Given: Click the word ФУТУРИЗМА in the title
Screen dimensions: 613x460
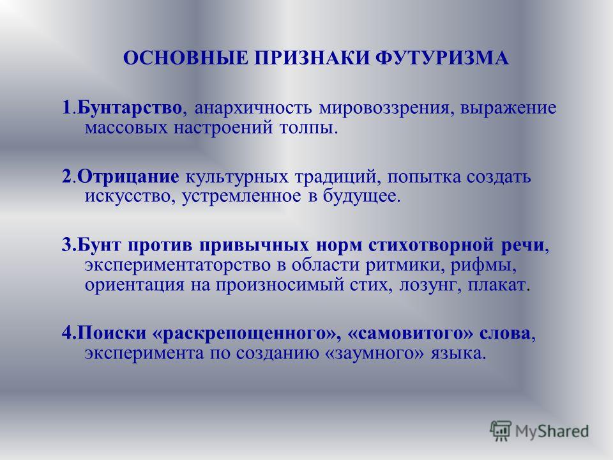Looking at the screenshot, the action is tap(442, 58).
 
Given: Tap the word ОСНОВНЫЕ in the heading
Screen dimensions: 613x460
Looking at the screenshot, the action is tap(186, 58).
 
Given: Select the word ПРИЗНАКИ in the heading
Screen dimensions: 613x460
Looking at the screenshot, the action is tap(312, 58).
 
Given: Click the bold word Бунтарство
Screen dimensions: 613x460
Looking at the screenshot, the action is tap(130, 107).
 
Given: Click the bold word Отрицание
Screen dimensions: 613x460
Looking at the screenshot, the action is tap(128, 177).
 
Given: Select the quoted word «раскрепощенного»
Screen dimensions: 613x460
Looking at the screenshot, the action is tap(243, 333).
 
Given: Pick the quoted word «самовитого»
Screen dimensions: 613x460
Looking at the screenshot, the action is tap(410, 333).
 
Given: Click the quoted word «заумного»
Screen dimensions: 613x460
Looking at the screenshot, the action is tap(374, 353).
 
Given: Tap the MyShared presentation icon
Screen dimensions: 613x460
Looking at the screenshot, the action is tap(501, 431).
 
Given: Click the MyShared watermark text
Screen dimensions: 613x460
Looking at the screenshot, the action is tap(552, 431).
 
